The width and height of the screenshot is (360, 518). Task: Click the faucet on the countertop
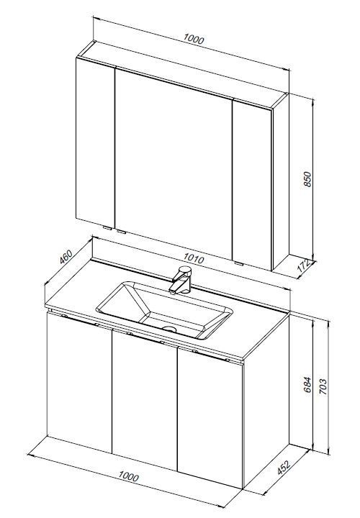(x=181, y=280)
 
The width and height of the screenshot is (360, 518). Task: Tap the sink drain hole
(x=170, y=329)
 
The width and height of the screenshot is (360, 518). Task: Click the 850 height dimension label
(x=307, y=179)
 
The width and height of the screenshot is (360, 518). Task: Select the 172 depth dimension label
(x=304, y=265)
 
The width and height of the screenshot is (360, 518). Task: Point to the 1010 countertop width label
(x=194, y=258)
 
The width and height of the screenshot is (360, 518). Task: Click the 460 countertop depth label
(x=66, y=257)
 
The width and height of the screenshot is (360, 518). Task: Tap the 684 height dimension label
(x=307, y=384)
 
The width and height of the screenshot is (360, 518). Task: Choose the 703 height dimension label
(x=323, y=386)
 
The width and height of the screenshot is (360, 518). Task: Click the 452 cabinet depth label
(x=284, y=468)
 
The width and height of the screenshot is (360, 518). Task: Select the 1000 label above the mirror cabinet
(x=194, y=39)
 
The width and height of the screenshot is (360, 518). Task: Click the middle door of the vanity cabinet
(x=145, y=400)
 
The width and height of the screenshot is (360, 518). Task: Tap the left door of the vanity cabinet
(x=79, y=383)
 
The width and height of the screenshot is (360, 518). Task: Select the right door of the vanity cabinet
(x=210, y=417)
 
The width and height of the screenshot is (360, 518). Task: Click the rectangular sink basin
(x=164, y=310)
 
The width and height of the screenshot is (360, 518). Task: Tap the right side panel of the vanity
(x=266, y=401)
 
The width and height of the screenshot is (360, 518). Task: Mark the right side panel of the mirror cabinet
(x=280, y=181)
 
